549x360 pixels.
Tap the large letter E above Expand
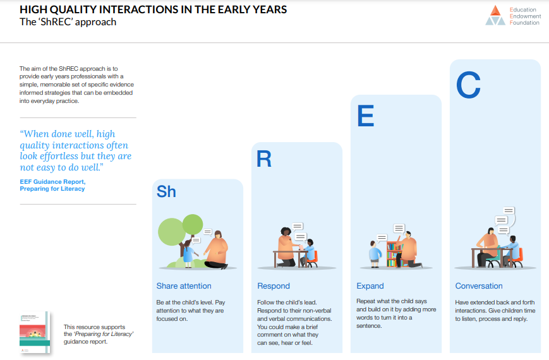(x=366, y=116)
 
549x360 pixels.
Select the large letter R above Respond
(x=264, y=159)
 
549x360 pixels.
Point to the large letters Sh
(x=166, y=191)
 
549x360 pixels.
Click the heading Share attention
(x=184, y=285)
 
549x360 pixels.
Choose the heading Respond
(x=274, y=285)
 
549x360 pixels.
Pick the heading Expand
(x=370, y=285)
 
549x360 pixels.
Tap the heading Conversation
(x=479, y=285)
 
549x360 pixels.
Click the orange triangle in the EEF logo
(x=495, y=11)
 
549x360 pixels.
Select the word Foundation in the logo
(x=524, y=23)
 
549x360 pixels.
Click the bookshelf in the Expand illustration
(x=395, y=254)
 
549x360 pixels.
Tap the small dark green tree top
(x=193, y=224)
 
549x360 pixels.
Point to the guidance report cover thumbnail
(x=35, y=332)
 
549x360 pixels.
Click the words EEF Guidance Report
(x=52, y=181)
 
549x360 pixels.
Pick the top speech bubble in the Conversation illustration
(x=509, y=210)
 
